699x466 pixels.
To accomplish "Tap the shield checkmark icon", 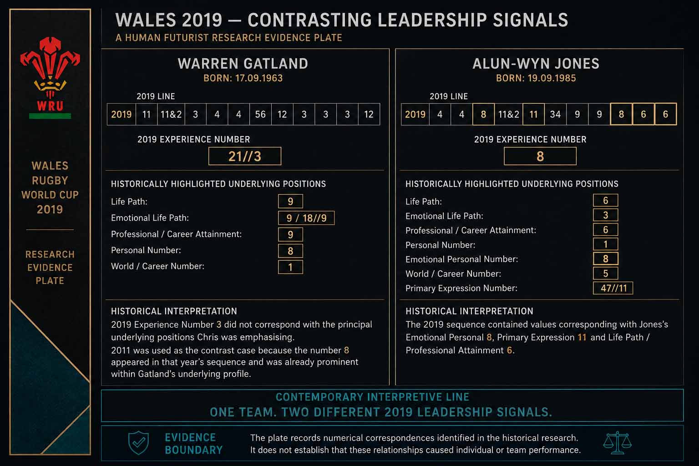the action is click(138, 443).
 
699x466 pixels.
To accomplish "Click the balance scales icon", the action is click(617, 443).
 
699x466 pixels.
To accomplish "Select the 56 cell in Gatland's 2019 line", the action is click(260, 114).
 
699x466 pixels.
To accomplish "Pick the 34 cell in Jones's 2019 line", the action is click(555, 114).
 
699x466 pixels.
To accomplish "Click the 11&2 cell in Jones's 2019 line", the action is click(508, 114).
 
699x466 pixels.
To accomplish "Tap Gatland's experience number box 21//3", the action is click(245, 156).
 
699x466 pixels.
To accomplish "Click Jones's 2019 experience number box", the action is click(540, 156).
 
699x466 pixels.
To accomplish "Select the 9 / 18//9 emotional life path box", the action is click(306, 218).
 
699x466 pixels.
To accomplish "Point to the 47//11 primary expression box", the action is click(613, 288).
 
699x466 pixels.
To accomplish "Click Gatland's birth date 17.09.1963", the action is click(259, 78).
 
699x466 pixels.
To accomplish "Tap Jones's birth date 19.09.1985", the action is click(552, 78).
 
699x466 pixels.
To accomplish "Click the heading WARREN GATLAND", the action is click(243, 64).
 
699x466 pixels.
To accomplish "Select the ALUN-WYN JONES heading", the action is click(536, 64).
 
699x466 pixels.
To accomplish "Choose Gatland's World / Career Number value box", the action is click(290, 267).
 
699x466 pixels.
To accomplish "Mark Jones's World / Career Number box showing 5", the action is click(605, 274).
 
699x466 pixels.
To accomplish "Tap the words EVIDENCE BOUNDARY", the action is click(193, 444).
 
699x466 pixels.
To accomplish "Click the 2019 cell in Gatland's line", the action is click(122, 114).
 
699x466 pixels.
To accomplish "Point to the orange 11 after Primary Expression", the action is click(582, 337).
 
